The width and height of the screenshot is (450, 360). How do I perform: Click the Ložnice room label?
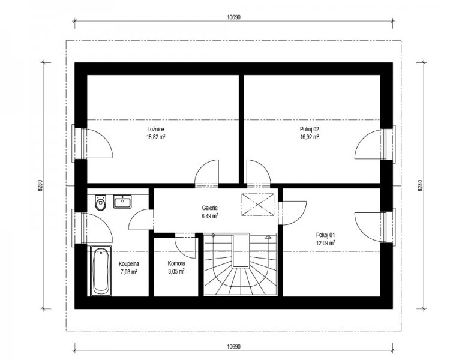[x=155, y=130]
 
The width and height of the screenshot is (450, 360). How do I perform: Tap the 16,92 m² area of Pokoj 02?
[x=310, y=137]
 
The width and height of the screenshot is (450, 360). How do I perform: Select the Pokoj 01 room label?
[x=325, y=235]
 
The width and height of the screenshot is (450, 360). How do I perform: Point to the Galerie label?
[x=209, y=208]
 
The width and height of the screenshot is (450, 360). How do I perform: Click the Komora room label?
[x=176, y=263]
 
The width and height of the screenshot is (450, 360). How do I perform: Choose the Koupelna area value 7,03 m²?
[x=129, y=271]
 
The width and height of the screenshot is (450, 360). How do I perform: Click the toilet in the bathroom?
[x=100, y=203]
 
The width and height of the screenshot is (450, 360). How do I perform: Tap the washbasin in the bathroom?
[x=122, y=201]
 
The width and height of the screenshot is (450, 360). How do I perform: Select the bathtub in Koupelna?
[x=101, y=271]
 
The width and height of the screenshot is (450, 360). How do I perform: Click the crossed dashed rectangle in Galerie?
[x=258, y=205]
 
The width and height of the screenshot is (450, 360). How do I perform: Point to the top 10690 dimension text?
[x=233, y=17]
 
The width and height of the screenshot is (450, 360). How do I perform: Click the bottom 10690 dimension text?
[x=233, y=347]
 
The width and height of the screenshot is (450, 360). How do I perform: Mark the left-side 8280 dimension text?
[x=40, y=186]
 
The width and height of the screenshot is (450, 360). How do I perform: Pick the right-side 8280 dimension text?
[x=420, y=186]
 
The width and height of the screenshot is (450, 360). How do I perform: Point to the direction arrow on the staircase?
[x=268, y=237]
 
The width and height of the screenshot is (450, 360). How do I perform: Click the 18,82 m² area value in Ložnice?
[x=155, y=137]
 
